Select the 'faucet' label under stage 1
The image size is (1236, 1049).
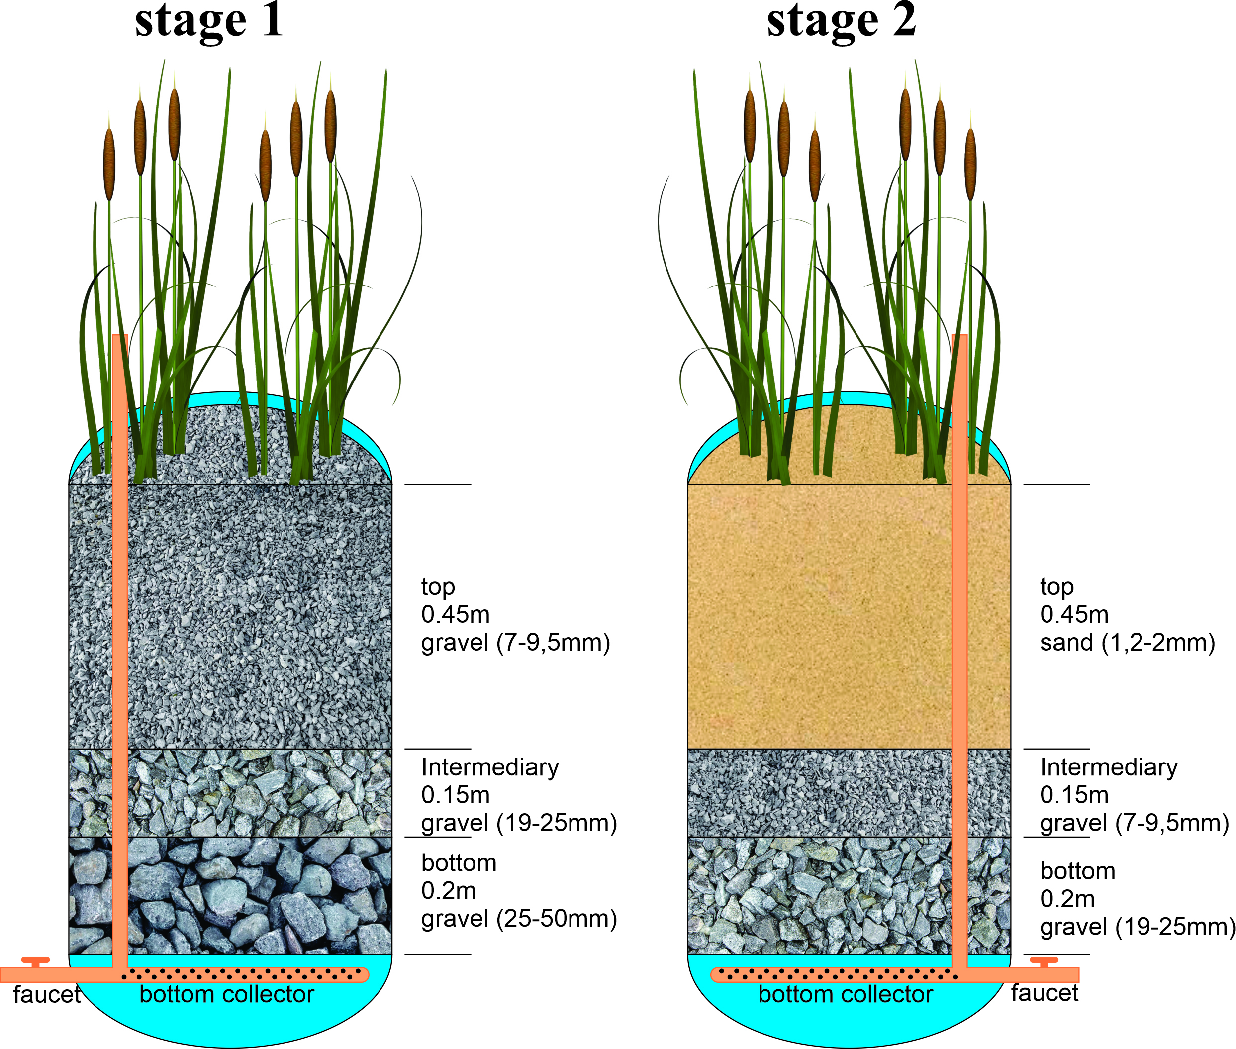coord(46,995)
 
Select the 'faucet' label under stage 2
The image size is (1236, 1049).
coord(1045,994)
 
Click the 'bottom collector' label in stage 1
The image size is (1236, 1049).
coord(226,995)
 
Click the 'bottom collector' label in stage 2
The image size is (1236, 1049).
coord(846,995)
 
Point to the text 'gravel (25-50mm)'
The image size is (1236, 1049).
coord(519,919)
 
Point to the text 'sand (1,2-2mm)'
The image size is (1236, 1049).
coord(1127,643)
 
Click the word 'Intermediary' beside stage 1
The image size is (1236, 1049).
coord(490,767)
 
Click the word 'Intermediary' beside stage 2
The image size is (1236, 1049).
coord(1109,767)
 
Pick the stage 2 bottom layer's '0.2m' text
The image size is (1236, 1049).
coord(1067,899)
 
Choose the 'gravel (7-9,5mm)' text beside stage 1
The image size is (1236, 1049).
coord(515,643)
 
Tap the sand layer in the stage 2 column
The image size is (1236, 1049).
coord(820,612)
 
